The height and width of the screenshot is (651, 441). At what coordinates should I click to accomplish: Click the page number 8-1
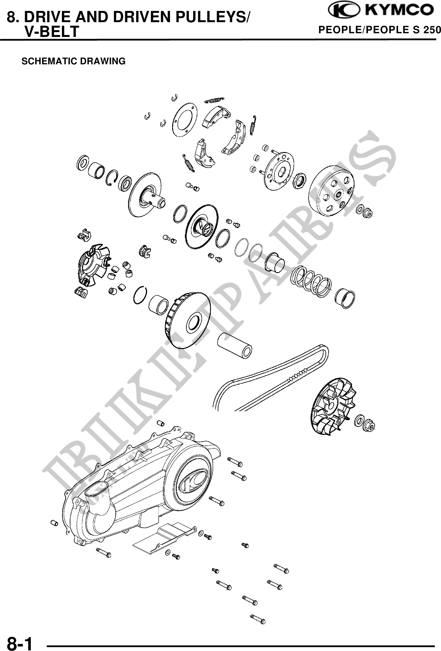[20, 642]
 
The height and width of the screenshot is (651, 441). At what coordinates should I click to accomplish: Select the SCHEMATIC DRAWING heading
[74, 61]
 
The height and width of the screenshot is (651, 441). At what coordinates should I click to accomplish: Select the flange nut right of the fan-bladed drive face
[369, 426]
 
